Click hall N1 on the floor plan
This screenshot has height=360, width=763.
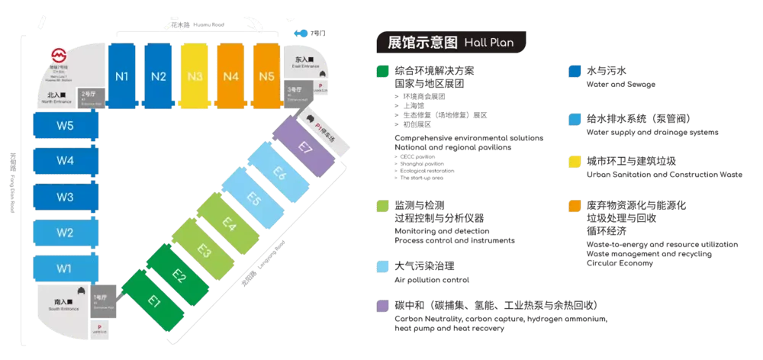121,76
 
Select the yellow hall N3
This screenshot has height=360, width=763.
195,76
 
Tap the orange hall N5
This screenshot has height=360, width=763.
266,76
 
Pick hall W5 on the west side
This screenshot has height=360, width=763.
66,126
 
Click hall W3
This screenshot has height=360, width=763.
66,197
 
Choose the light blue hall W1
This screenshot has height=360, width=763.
66,268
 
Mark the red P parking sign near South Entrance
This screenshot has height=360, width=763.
100,325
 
